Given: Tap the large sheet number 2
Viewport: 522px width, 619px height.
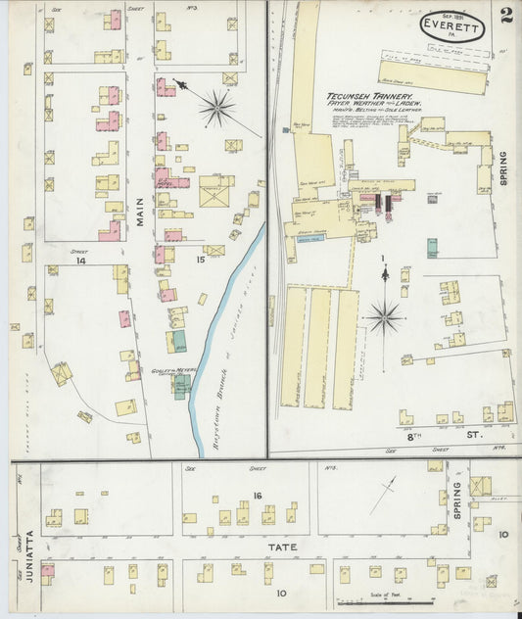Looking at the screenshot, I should pos(505,15).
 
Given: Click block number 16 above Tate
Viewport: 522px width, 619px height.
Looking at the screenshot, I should pos(258,497).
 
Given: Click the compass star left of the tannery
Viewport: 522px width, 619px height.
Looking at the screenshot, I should pos(216,108).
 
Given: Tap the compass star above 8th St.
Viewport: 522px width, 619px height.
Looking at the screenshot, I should pos(384,315).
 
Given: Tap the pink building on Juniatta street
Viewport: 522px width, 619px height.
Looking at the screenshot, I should pos(47,570).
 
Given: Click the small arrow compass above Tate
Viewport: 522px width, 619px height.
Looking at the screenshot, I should pos(383,495).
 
